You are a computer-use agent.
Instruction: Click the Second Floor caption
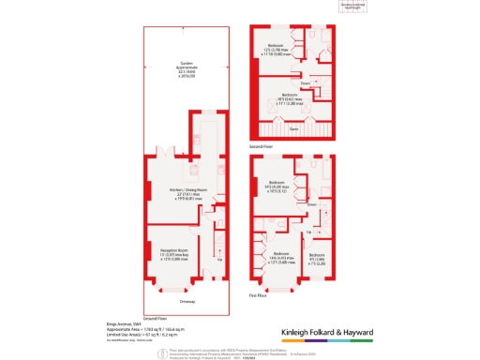pos(262,147)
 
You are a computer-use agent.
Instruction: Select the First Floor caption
pos(260,294)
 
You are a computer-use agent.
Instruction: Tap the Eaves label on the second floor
pos(293,127)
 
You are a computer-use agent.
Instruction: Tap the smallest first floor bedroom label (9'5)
pos(317,258)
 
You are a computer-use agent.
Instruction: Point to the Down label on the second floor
pos(318,83)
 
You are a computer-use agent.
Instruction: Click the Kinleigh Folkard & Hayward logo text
pos(328,332)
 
